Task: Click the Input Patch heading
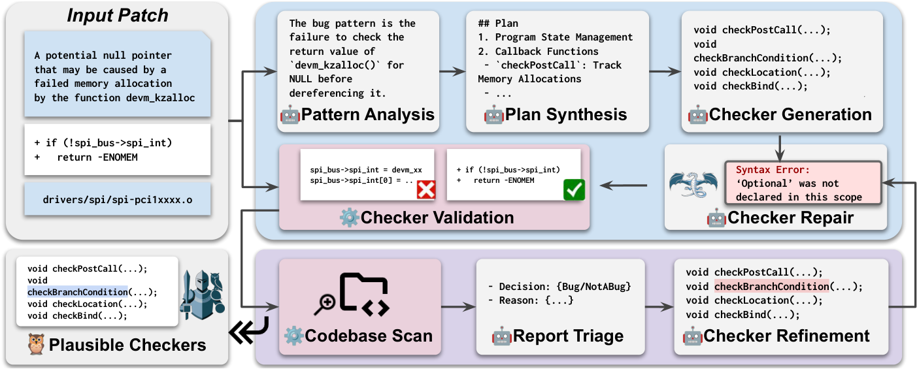(117, 16)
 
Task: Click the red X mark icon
(425, 189)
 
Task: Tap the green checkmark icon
(573, 189)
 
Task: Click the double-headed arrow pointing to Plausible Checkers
(244, 332)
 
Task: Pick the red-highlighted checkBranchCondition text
(771, 286)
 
